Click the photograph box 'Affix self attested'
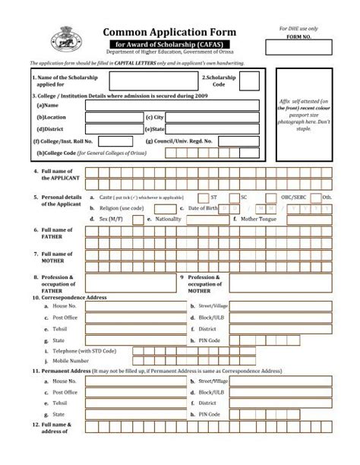click(303, 114)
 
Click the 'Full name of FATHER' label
click(57, 233)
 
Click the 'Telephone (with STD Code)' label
click(84, 352)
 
